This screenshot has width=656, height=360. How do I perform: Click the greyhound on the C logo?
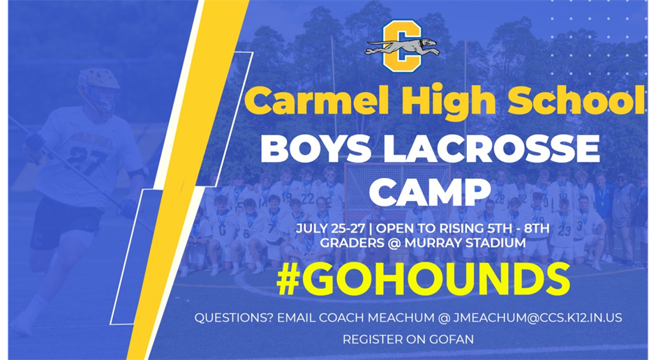402,47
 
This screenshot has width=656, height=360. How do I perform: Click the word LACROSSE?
495,149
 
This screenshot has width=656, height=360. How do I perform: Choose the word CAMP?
430,191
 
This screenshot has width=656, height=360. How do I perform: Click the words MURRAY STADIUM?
464,243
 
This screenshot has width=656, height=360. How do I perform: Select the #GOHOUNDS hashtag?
424,279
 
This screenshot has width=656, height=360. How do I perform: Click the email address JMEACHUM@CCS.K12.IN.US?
537,317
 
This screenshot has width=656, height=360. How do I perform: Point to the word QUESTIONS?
234,317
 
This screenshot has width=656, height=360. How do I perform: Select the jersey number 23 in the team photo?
564,231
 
